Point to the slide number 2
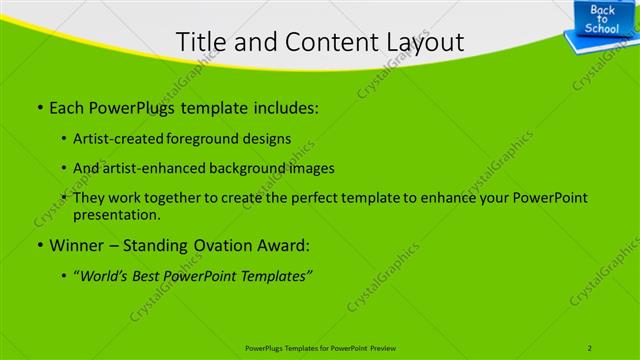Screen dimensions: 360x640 tap(591, 348)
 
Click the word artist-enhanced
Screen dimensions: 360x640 tap(156, 168)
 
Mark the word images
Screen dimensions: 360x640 tap(313, 168)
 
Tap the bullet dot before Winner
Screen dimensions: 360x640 tap(39, 245)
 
